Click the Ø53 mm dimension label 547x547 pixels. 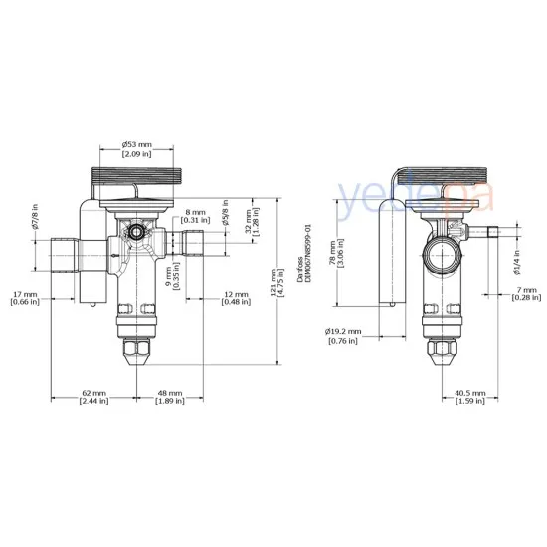click(x=136, y=148)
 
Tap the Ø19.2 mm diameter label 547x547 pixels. click(x=342, y=336)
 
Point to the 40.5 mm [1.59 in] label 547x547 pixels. click(x=470, y=398)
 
